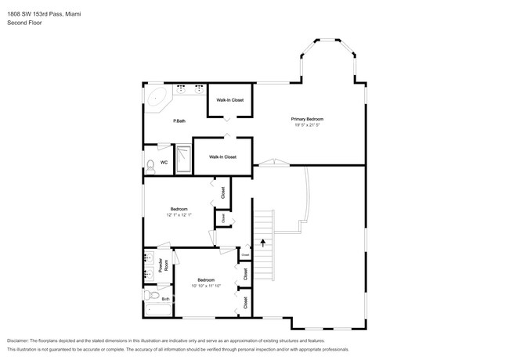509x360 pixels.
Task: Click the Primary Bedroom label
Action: tap(308, 119)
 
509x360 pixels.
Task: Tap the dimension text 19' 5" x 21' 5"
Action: tap(308, 124)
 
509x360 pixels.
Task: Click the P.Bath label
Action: tap(179, 121)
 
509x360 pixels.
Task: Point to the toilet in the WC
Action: tap(150, 164)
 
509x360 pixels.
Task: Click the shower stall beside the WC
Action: tap(183, 159)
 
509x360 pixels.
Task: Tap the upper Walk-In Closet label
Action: tap(230, 100)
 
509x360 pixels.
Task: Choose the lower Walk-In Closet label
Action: tap(222, 157)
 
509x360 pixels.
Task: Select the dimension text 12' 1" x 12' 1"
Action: tap(179, 214)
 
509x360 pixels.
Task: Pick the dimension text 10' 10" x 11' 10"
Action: tap(206, 286)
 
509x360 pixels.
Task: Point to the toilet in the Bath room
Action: tap(150, 294)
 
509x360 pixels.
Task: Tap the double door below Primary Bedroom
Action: tap(271, 164)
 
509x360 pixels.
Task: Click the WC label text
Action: tap(164, 163)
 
